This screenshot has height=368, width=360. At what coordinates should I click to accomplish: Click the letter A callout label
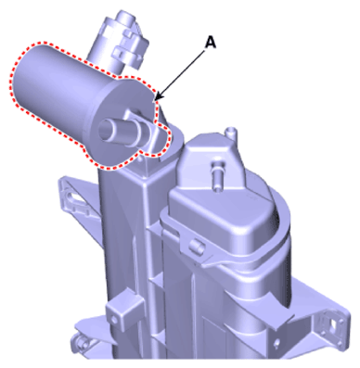tap(211, 43)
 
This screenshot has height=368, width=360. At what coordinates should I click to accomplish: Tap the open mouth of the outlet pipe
tap(105, 130)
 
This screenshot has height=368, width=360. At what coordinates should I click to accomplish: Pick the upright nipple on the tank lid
tap(218, 176)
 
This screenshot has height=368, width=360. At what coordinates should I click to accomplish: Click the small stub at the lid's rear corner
tap(231, 133)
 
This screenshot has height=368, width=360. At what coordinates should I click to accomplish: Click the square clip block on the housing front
tap(123, 309)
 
